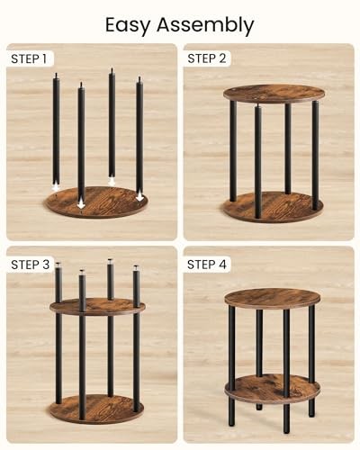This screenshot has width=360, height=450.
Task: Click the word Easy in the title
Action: point(129,24)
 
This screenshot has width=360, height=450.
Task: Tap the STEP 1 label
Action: point(29,59)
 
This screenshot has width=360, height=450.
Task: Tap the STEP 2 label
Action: point(207,59)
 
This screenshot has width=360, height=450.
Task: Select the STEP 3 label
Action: point(31,264)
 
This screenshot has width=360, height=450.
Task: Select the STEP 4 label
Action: point(208,264)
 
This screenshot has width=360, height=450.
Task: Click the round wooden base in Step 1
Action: point(97,202)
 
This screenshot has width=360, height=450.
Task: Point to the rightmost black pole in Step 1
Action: point(139,135)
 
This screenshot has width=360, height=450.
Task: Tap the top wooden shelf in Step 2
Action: point(274,94)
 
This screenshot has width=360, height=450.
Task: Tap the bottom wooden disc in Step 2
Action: point(274,207)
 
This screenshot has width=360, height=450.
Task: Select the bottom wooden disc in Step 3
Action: point(97,409)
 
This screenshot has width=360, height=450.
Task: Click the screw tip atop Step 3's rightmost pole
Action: point(137,267)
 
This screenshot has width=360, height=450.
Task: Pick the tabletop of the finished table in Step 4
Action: point(272,298)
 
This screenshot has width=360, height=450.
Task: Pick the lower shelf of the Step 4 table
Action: point(272,388)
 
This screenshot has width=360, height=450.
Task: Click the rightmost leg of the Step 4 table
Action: point(311,360)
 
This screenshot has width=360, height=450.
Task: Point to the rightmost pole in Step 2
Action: point(314,153)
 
